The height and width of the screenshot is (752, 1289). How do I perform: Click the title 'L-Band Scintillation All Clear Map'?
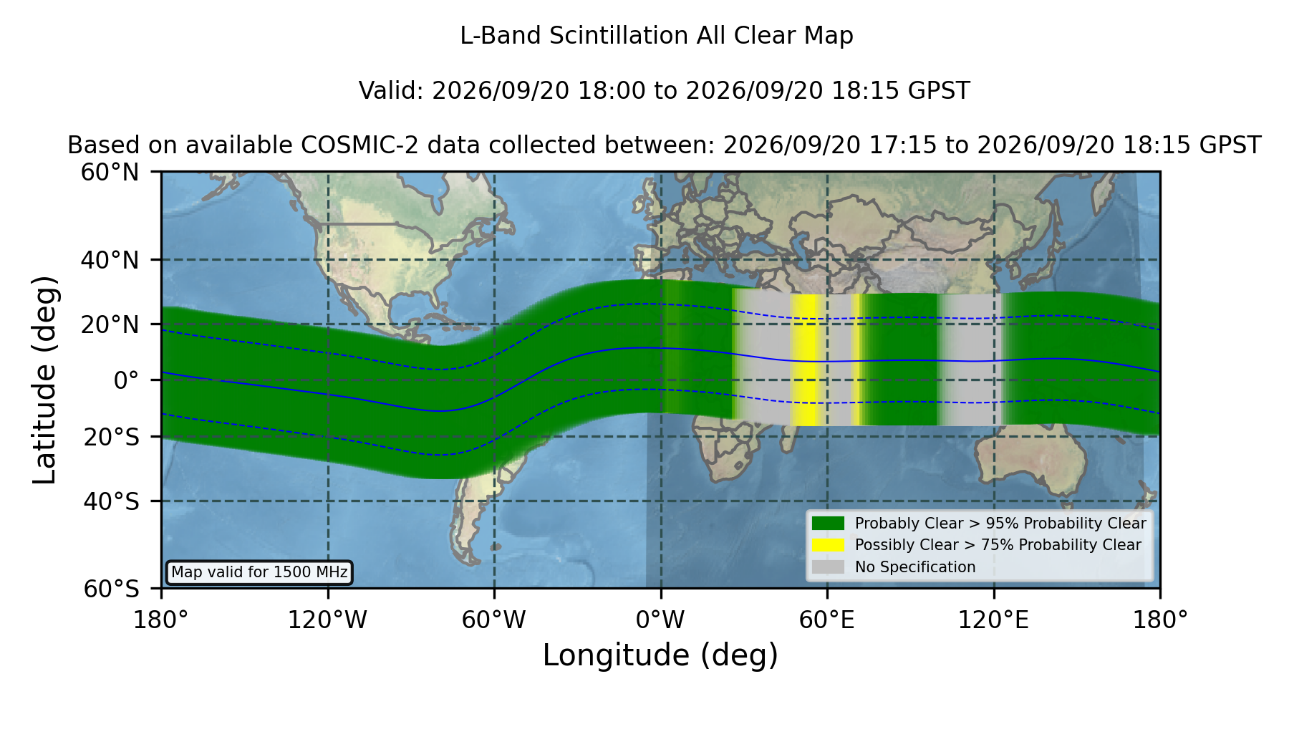click(656, 35)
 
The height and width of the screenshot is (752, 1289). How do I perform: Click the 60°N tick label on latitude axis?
click(110, 172)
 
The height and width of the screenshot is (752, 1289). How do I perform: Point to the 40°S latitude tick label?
click(111, 501)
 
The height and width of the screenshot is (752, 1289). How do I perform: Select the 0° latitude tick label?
click(126, 380)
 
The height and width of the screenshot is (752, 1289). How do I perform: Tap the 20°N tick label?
click(110, 324)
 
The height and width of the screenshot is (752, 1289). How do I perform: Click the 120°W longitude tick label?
click(327, 620)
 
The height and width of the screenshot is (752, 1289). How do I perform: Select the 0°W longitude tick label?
click(660, 620)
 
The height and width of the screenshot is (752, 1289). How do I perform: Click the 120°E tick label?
click(993, 620)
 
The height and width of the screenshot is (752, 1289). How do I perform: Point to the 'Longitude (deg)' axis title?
click(660, 655)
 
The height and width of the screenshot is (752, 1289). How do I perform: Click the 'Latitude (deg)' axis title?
click(44, 380)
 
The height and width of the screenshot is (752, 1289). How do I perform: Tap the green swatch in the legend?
click(829, 523)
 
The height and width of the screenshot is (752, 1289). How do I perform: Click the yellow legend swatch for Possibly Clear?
click(829, 544)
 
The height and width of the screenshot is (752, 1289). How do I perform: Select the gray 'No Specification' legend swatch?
click(829, 567)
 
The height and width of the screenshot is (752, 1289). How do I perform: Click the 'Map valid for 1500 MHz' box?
click(259, 572)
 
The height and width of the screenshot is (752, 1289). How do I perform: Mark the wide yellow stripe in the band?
click(806, 360)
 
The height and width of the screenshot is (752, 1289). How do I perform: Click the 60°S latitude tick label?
click(111, 589)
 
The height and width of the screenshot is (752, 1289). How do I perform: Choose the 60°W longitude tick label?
click(493, 620)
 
